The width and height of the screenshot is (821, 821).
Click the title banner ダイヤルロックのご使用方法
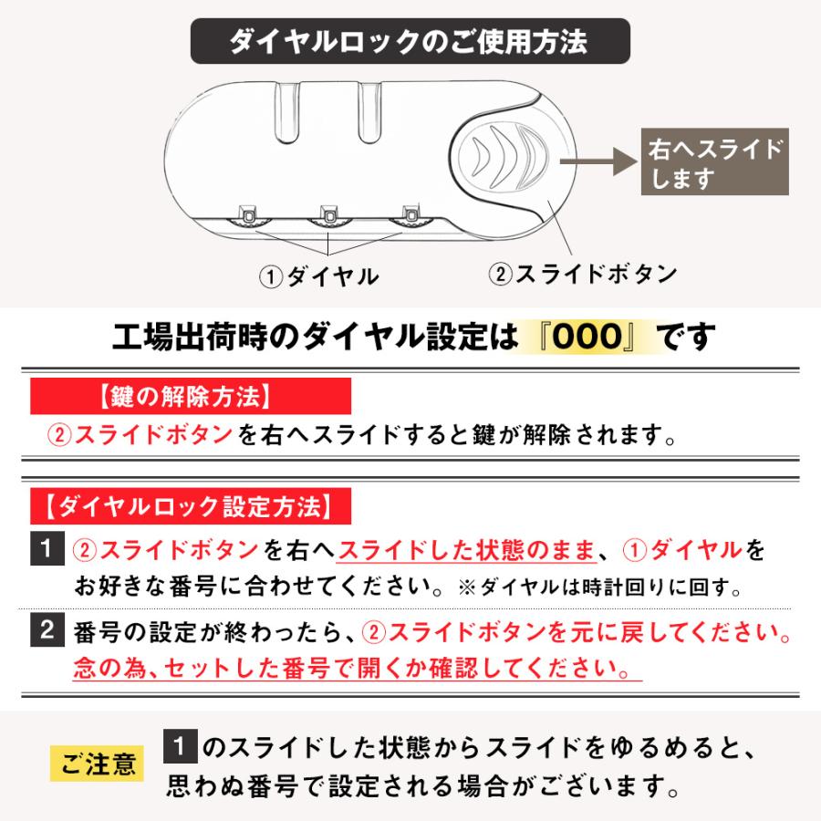(x=409, y=43)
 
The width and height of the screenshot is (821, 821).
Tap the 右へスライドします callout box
(x=715, y=163)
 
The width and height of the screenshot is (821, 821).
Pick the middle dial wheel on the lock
(x=329, y=215)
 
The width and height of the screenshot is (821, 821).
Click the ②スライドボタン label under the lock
(x=583, y=274)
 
